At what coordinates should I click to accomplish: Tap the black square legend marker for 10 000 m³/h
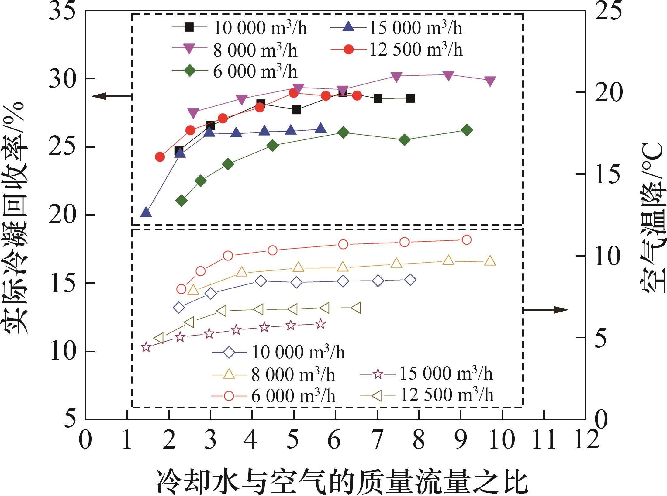[190, 27]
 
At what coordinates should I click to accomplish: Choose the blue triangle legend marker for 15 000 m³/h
[348, 27]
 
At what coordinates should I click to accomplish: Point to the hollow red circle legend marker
[229, 396]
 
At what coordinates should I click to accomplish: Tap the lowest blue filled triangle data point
[146, 212]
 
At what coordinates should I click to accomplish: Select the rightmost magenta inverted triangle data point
[490, 81]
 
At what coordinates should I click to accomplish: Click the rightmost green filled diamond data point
[467, 130]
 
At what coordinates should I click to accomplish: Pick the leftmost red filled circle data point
[160, 157]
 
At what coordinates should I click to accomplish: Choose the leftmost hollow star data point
[146, 347]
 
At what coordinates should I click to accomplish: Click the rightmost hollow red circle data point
[467, 240]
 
